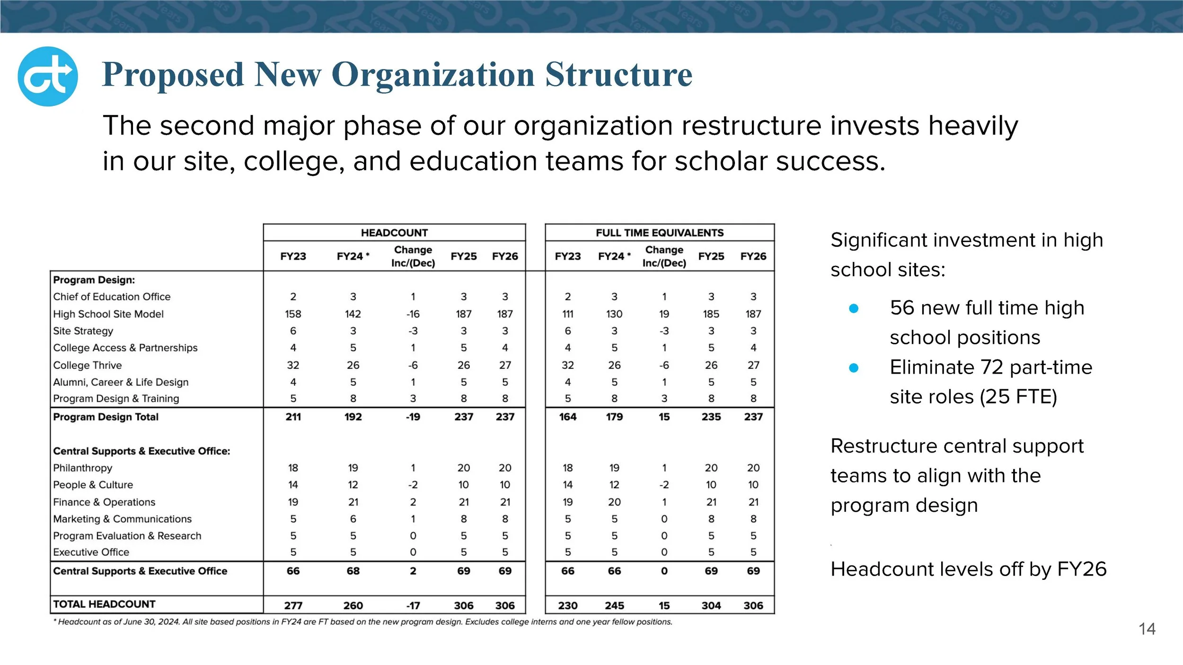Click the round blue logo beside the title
coord(47,76)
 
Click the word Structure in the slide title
coord(618,75)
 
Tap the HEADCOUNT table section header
coord(394,233)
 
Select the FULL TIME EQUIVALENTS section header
coord(660,233)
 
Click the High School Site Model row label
coord(108,314)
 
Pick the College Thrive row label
coord(88,365)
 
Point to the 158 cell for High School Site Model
coord(293,314)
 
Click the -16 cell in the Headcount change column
coord(413,314)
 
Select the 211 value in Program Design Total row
coord(293,417)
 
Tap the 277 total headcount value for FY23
coord(293,605)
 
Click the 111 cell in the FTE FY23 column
coord(567,314)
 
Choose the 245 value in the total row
coord(614,605)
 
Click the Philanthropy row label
coord(83,468)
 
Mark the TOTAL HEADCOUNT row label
coord(104,604)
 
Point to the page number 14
coord(1147,629)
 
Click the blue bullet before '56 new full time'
coord(854,309)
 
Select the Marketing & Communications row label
coord(123,519)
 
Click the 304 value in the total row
coord(711,605)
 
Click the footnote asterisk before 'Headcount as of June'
coord(55,621)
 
